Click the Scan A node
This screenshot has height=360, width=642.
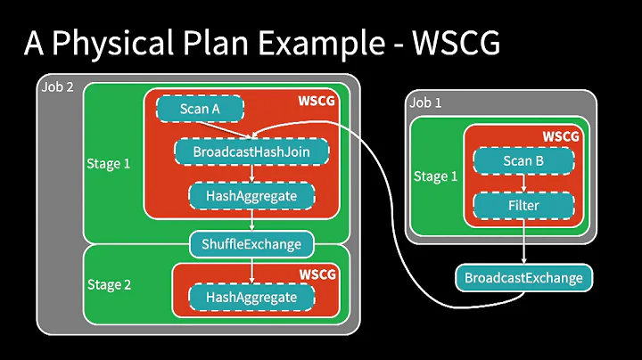(x=200, y=109)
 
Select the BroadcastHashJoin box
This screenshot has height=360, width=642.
(x=251, y=151)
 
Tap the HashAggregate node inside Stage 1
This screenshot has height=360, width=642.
(x=251, y=194)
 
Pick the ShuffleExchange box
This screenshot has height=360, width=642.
(x=252, y=242)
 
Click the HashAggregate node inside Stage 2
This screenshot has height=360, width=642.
(x=251, y=297)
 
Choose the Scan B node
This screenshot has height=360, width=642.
(x=523, y=162)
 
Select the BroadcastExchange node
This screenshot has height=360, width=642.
(x=523, y=278)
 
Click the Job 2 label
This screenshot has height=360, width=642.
(x=58, y=87)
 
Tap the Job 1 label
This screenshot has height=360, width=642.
(x=425, y=102)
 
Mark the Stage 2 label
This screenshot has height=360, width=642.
(x=109, y=285)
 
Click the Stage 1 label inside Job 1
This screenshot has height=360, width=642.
(x=435, y=176)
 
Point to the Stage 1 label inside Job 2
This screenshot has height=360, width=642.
(x=109, y=164)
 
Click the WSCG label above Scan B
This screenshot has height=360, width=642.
(x=560, y=136)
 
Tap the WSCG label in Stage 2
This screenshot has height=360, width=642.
(x=317, y=274)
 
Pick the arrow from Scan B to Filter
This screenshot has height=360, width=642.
(x=523, y=184)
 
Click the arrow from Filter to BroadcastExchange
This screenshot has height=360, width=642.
(x=523, y=242)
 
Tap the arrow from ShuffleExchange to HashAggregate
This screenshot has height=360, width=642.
(x=252, y=269)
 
